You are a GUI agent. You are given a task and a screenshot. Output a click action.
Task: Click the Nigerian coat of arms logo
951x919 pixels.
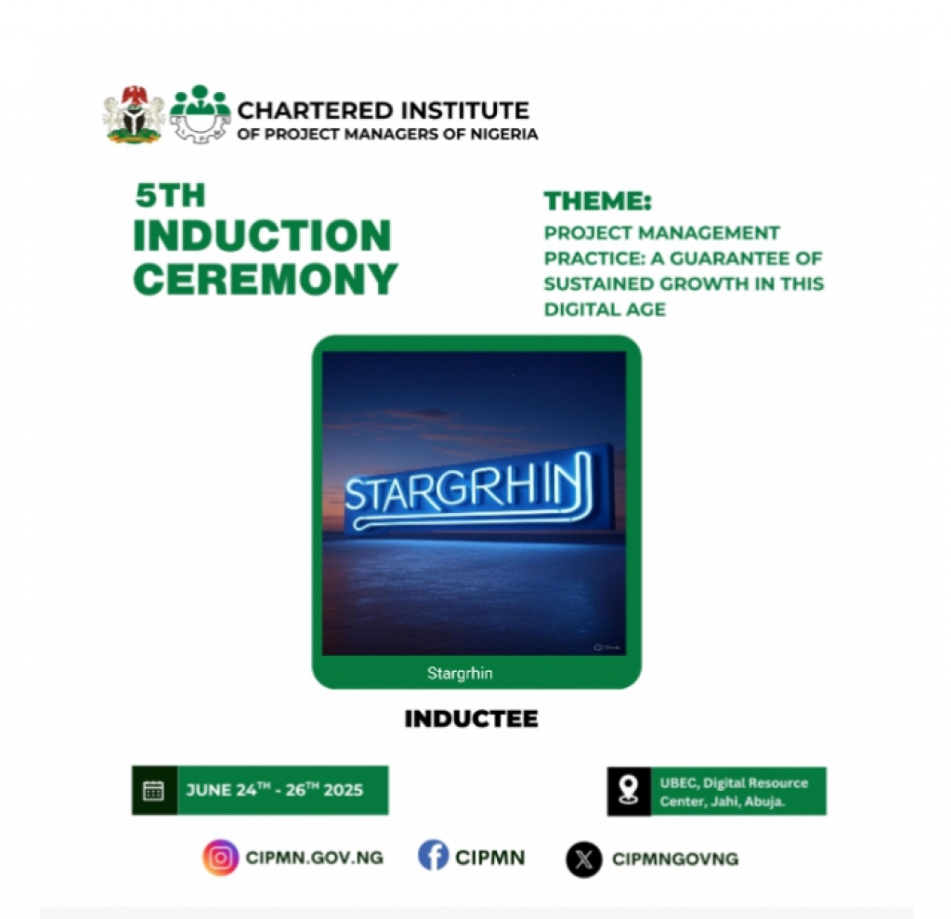click(134, 114)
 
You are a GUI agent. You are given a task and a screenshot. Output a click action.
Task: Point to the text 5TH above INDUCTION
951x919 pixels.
click(170, 195)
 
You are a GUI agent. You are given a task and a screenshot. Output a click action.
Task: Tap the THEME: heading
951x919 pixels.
click(597, 201)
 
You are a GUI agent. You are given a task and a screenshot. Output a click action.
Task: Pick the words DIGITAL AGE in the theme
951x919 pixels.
click(605, 309)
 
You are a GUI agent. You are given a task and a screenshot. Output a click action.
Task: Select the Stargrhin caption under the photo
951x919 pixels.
click(460, 673)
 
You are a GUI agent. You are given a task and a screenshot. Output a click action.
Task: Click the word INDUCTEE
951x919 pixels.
click(471, 718)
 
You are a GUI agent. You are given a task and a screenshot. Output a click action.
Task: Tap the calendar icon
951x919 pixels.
click(153, 791)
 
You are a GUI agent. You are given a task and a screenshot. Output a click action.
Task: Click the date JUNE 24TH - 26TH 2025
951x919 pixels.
click(275, 790)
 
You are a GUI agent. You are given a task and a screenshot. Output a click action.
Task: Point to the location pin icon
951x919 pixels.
click(629, 791)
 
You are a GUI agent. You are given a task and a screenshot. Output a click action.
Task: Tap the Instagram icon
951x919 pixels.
click(221, 857)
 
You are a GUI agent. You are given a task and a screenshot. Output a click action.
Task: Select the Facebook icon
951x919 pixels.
click(433, 855)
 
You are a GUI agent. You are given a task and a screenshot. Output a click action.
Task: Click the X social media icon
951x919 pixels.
click(584, 859)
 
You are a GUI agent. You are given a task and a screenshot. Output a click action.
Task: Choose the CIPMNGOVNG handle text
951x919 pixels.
click(675, 859)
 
